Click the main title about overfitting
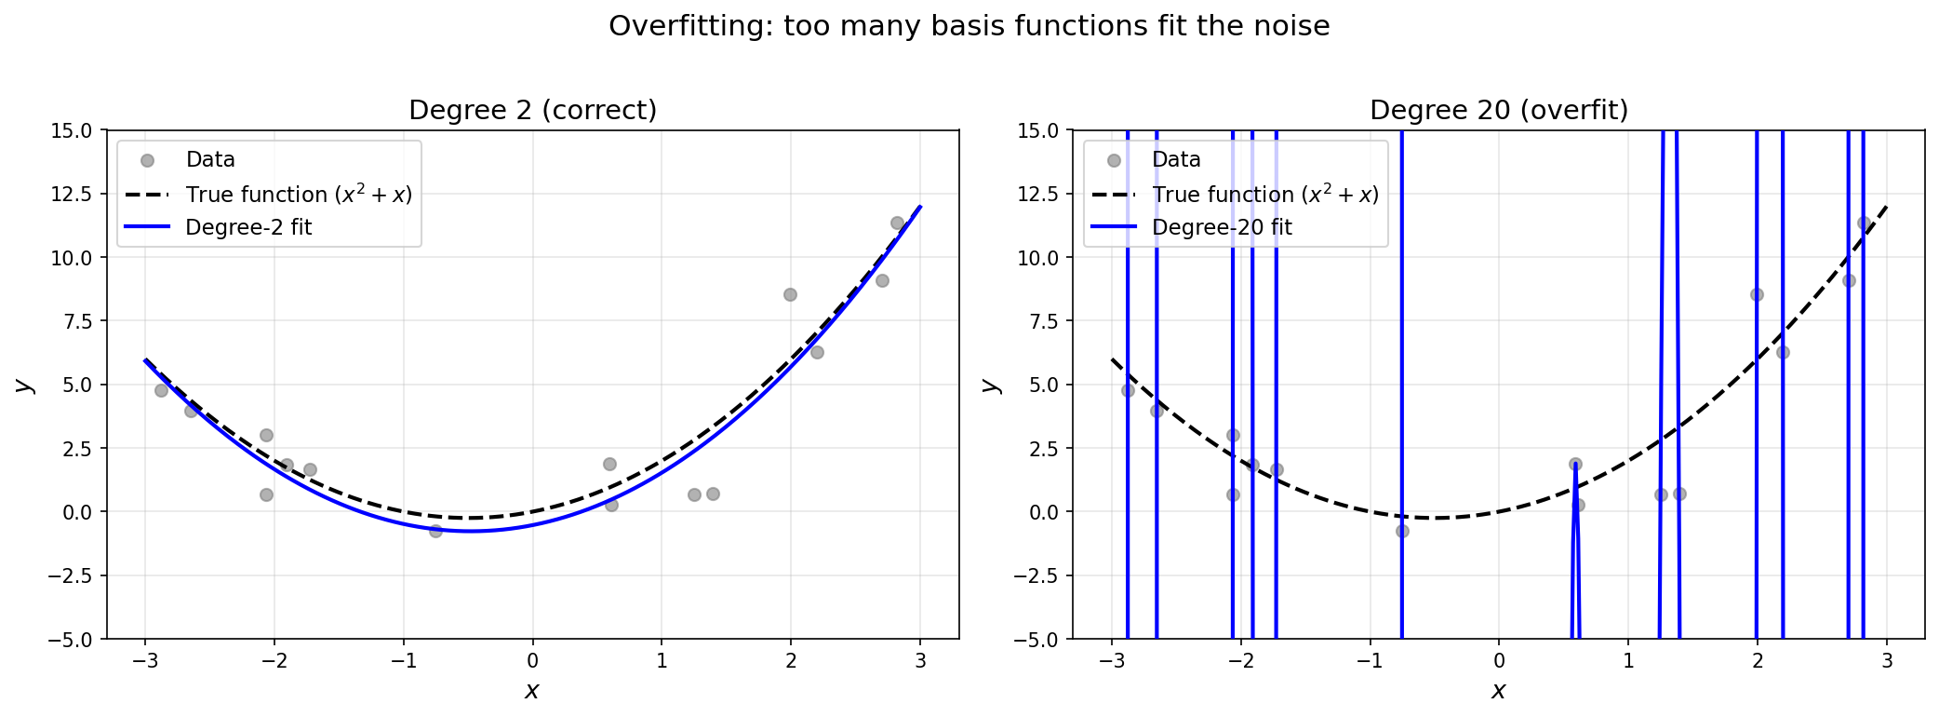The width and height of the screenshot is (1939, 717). click(969, 26)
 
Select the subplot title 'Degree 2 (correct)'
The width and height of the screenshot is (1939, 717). click(532, 110)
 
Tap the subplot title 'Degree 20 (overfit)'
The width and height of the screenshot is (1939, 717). click(1498, 110)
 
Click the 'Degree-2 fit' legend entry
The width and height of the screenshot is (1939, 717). click(248, 227)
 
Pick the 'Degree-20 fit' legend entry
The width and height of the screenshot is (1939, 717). click(1221, 227)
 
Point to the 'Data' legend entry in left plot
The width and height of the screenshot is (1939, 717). click(210, 159)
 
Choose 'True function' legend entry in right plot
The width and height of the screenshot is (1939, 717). click(1264, 194)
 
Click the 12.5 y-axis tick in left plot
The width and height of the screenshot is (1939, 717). click(72, 194)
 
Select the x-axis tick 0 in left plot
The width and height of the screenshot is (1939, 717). click(532, 661)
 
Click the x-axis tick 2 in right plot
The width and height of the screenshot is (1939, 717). click(1757, 661)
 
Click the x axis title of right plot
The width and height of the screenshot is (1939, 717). click(1498, 691)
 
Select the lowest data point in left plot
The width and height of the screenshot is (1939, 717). click(435, 531)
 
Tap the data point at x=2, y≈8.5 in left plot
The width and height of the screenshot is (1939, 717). click(790, 294)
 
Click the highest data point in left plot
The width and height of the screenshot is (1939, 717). click(897, 223)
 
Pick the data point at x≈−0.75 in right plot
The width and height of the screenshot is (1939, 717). click(1402, 531)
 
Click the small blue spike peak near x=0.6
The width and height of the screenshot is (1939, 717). click(1575, 464)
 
